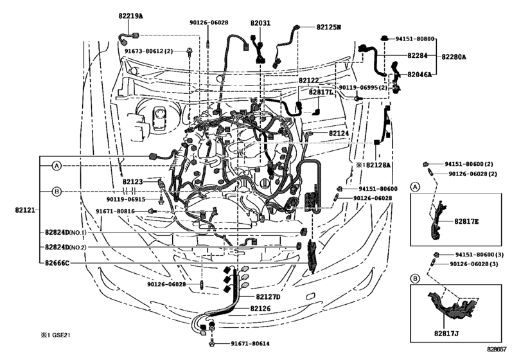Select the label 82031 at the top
[261, 22]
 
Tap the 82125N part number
[328, 27]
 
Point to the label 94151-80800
[415, 39]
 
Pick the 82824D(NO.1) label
[75, 232]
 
